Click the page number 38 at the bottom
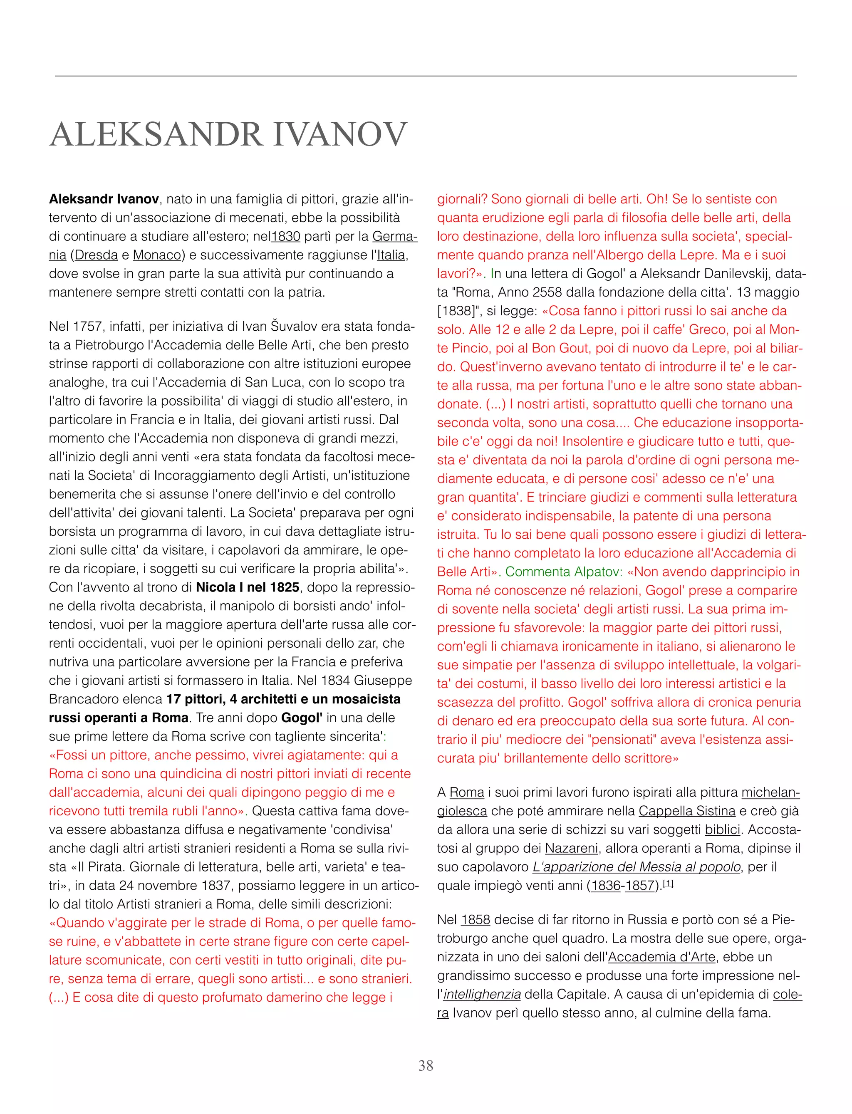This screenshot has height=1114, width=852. point(426,1065)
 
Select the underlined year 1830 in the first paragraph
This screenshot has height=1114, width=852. point(285,236)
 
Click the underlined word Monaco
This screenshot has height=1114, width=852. point(157,255)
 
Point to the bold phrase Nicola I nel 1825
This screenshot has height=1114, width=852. point(248,587)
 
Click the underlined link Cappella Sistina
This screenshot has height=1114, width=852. point(687,811)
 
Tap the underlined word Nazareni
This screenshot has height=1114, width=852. point(572,848)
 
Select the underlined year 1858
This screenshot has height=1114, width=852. point(475,919)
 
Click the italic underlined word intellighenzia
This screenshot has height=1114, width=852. point(482,994)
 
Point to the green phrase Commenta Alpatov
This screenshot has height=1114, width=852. point(563,572)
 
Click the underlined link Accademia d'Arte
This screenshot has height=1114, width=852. point(661,957)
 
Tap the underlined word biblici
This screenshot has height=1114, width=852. point(722,829)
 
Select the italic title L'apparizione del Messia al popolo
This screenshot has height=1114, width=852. point(637,867)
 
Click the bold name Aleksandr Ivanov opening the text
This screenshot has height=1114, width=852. point(104,199)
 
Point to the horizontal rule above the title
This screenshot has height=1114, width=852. point(426,76)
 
